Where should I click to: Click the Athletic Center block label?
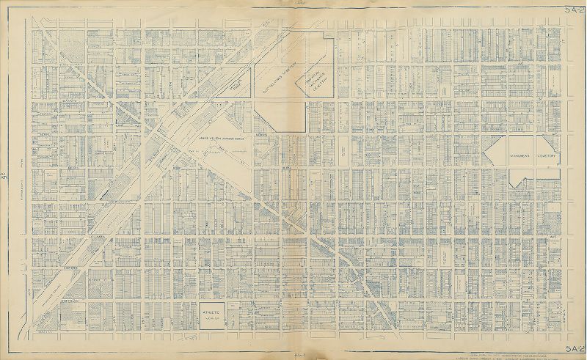click(x=211, y=314)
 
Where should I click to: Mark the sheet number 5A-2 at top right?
click(x=575, y=8)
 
